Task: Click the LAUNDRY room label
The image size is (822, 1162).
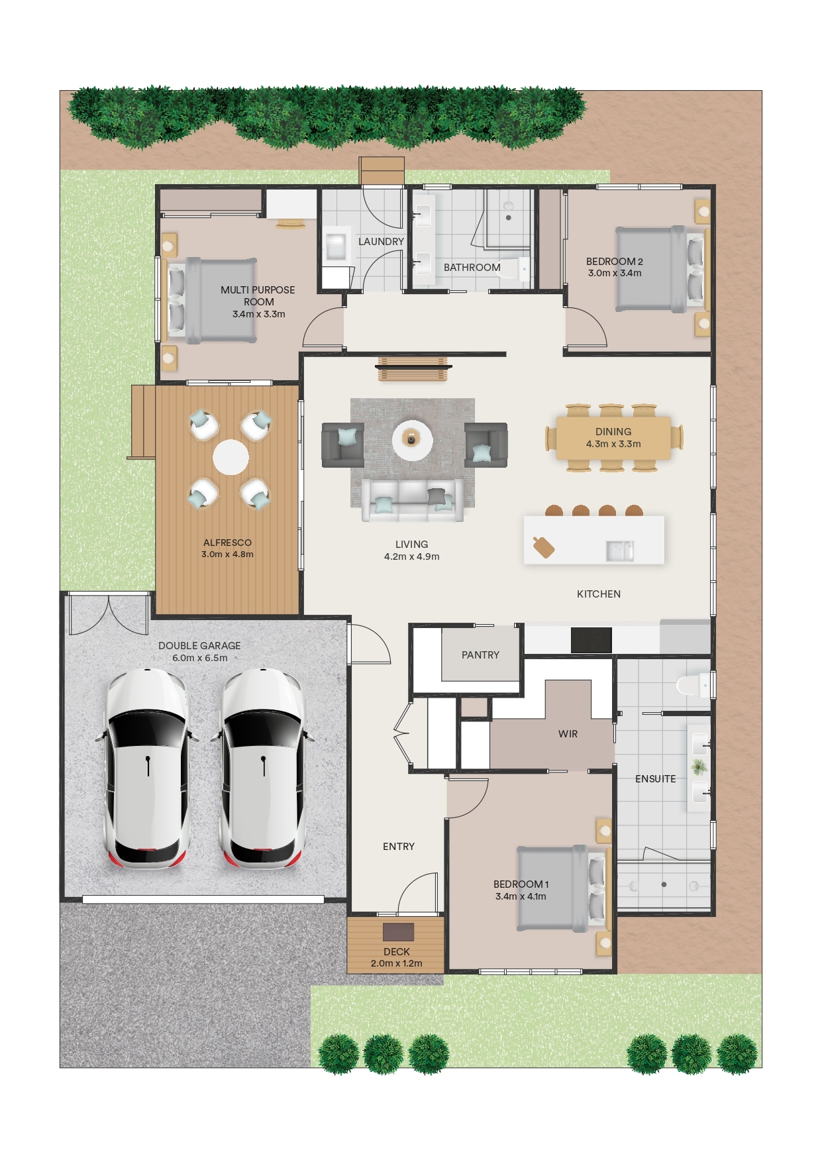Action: coord(381,242)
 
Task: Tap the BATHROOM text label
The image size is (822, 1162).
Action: coord(472,268)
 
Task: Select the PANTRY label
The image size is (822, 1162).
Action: coord(480,655)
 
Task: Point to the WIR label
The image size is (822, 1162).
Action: coord(568,734)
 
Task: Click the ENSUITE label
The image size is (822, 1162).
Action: coord(656,779)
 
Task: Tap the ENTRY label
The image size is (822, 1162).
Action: coord(399,847)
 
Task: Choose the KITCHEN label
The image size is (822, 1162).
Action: coord(599,594)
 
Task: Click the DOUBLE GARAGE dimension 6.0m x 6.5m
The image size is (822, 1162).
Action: coord(199,659)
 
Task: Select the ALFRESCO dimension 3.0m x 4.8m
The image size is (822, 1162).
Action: coord(227,555)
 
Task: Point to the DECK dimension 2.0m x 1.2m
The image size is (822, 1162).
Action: coord(396,964)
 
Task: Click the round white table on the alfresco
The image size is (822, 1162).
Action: coord(231,457)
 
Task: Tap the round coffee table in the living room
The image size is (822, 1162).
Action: coord(412,439)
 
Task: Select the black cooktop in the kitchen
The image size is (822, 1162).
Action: coord(591,641)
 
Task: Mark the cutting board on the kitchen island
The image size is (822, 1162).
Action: coord(544,547)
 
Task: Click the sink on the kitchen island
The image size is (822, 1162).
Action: coord(620,551)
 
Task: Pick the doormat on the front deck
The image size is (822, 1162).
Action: coord(398,932)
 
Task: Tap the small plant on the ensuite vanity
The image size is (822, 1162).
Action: coord(698,767)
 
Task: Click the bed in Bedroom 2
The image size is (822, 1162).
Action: coord(660,269)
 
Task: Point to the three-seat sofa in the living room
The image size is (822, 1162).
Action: coord(412,500)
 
